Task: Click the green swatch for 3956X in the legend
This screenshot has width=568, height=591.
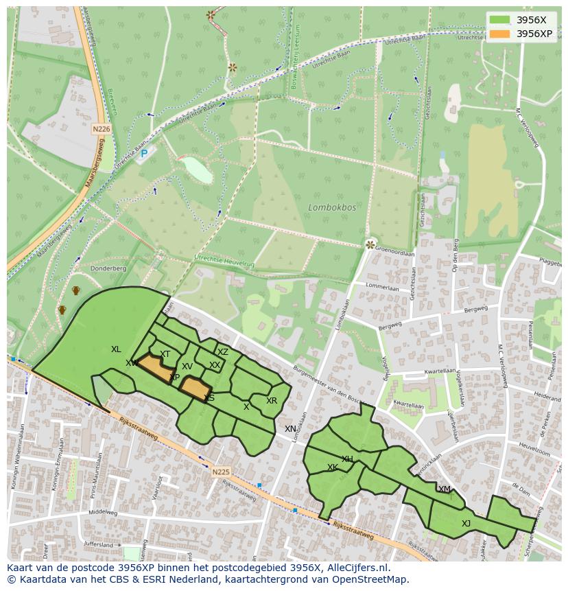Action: (x=500, y=20)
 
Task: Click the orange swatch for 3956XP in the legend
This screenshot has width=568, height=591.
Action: (x=500, y=34)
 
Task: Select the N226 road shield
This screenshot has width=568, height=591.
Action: (x=102, y=128)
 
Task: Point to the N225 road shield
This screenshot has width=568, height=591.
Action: (x=221, y=472)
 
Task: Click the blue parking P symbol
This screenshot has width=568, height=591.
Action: (x=144, y=154)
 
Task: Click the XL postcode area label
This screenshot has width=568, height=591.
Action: (x=116, y=349)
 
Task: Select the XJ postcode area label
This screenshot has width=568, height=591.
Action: (x=466, y=523)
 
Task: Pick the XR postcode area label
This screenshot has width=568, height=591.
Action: (x=272, y=401)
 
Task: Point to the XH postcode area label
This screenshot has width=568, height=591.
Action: (x=347, y=459)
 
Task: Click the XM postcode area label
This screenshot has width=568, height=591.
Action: (x=445, y=489)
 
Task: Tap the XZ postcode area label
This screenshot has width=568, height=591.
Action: (x=222, y=351)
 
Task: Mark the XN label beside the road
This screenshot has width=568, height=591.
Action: (x=291, y=429)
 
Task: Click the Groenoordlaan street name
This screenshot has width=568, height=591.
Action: (x=395, y=253)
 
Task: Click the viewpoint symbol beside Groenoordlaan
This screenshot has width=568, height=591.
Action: (x=370, y=244)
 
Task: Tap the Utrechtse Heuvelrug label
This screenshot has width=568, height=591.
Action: (x=224, y=260)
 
